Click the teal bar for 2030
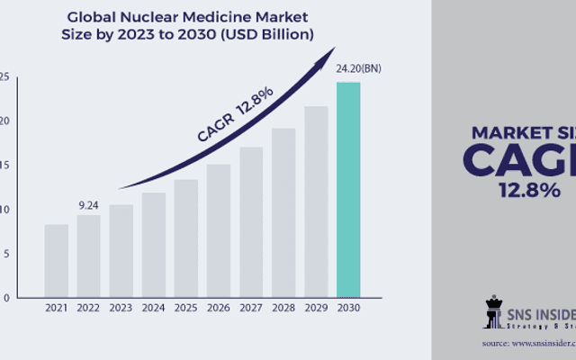[x=347, y=190]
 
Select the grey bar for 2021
[x=56, y=260]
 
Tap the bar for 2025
[x=185, y=238]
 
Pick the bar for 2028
[x=283, y=212]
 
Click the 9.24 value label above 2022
[x=88, y=204]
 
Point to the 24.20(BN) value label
[x=352, y=69]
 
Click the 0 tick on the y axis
[x=6, y=297]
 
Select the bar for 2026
[x=218, y=229]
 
